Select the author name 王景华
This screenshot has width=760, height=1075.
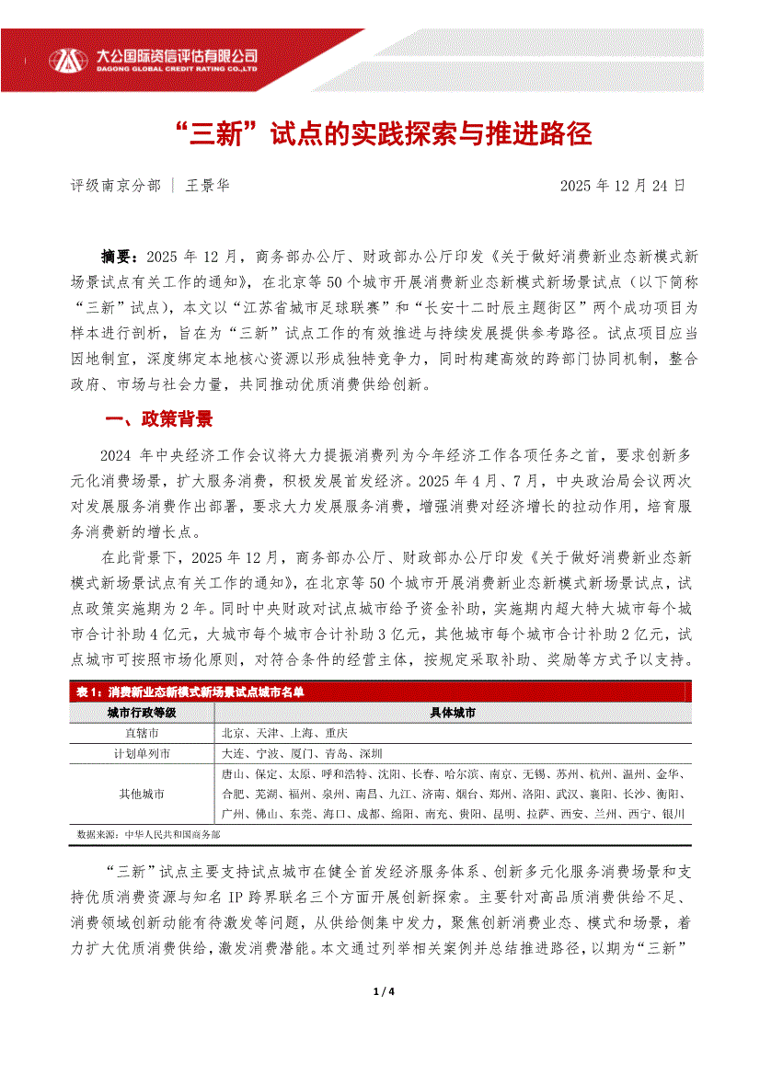point(208,185)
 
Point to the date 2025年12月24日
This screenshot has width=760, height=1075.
point(623,185)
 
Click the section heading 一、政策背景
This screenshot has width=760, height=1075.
point(159,420)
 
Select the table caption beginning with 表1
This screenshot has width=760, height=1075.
point(190,692)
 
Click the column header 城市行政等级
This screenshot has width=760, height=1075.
point(142,713)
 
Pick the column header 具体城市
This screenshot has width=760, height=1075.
point(453,713)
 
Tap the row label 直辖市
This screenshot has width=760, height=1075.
point(142,733)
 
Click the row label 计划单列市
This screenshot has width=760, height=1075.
point(142,753)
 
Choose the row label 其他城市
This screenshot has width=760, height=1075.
point(142,794)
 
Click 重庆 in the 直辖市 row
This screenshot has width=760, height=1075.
point(335,733)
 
